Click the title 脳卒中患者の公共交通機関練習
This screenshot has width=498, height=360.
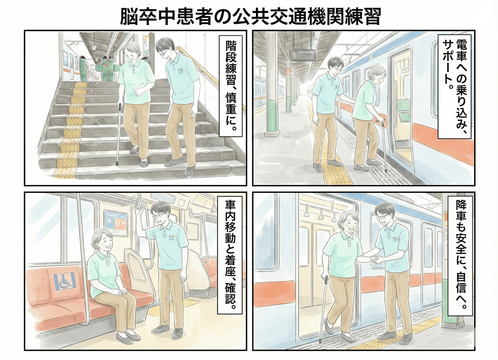tap(249, 16)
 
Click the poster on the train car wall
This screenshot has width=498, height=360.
tap(116, 222)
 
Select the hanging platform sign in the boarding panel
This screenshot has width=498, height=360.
tap(302, 55)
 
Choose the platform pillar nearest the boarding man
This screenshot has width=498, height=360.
tap(272, 86)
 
